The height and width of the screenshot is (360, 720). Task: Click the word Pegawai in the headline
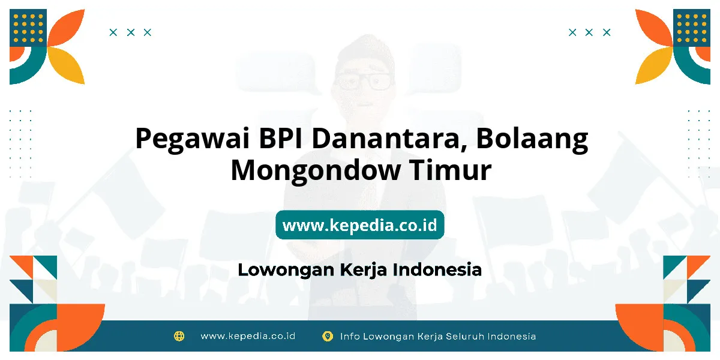click(193, 139)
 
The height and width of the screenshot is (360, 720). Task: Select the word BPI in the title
click(281, 138)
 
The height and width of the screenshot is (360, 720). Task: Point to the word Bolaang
click(532, 139)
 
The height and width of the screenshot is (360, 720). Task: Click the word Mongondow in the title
click(316, 170)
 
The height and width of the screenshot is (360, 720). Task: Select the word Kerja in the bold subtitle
click(364, 271)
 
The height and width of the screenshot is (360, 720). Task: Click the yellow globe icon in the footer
click(179, 336)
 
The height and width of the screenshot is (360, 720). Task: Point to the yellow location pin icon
click(328, 337)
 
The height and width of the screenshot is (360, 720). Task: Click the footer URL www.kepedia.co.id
click(248, 336)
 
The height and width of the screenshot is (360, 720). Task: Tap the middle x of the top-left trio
click(131, 32)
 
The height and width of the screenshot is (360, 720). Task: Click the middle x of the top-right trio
click(589, 32)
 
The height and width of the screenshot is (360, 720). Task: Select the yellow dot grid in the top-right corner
click(692, 28)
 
